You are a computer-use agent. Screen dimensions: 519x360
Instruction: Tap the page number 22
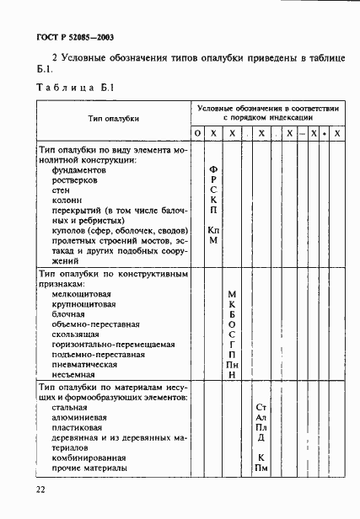coord(40,490)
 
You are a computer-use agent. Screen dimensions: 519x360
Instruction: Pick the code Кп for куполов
coord(213,229)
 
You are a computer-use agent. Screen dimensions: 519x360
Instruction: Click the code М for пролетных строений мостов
coord(213,240)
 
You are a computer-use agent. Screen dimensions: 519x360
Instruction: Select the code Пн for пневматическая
coord(233,364)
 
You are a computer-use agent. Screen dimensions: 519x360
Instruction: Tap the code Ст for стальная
coord(261,407)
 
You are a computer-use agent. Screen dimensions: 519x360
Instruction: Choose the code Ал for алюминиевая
coord(261,417)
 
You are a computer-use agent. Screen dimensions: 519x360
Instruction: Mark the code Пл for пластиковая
coord(261,427)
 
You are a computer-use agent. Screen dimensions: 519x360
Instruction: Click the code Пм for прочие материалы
coord(261,468)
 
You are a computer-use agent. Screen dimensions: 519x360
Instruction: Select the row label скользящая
coord(77,334)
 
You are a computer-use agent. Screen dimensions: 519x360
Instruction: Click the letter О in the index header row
coord(196,134)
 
